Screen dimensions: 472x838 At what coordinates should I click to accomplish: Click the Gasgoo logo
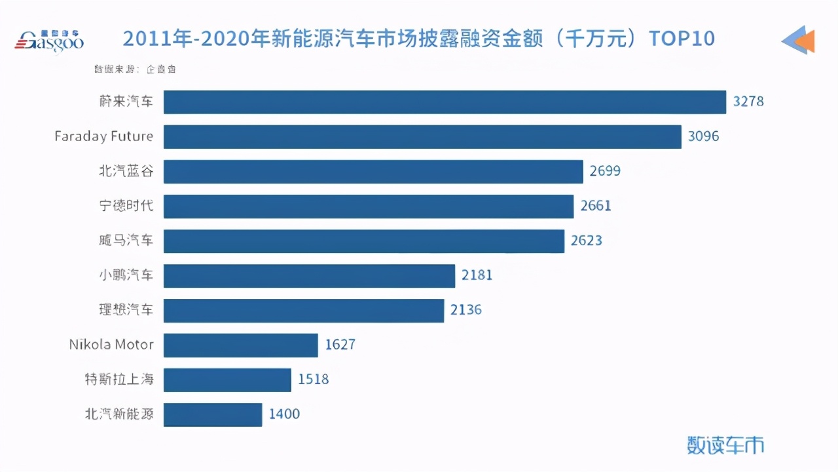click(x=49, y=40)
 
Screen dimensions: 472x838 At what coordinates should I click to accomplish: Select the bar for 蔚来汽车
click(x=445, y=102)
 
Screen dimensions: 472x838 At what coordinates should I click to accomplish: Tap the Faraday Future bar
click(x=422, y=137)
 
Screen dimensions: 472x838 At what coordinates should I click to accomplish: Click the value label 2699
click(x=605, y=172)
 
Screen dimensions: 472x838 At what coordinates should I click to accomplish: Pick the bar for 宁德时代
click(x=369, y=206)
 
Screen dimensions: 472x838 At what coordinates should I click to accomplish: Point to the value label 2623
click(x=587, y=241)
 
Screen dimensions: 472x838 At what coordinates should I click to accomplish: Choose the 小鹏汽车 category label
click(x=121, y=275)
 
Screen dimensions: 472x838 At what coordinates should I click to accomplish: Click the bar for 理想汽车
click(x=304, y=310)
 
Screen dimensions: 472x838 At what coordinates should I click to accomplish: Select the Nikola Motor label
click(x=111, y=345)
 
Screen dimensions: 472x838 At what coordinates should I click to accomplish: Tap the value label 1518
click(x=313, y=380)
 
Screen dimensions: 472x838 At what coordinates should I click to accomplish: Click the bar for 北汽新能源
click(x=213, y=414)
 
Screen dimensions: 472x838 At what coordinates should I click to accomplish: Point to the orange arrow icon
click(x=799, y=40)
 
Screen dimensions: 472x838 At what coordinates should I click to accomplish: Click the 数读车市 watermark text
click(x=725, y=445)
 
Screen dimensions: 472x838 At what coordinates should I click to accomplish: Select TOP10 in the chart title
click(x=681, y=39)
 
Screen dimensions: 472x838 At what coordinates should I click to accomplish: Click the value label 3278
click(x=748, y=102)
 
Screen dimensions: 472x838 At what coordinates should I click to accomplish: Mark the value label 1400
click(x=284, y=414)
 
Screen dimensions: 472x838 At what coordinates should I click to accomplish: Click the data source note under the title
click(x=135, y=69)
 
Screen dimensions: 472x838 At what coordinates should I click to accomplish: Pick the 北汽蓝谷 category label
click(x=121, y=172)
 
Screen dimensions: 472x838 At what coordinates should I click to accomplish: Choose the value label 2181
click(x=477, y=275)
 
